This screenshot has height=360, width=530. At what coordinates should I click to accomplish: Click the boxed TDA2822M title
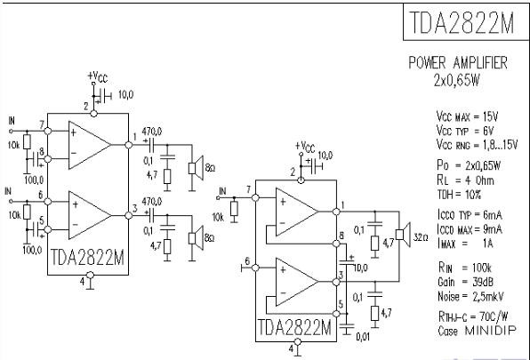coord(462,22)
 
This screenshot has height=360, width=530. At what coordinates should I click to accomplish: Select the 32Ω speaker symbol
coord(403,235)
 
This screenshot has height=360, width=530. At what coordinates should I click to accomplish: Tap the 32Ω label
coord(421,237)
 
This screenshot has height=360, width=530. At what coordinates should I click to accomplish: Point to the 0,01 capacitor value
coord(363,337)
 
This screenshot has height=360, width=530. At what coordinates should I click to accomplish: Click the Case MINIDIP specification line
coord(478,331)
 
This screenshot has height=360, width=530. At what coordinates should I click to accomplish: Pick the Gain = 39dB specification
coord(465,282)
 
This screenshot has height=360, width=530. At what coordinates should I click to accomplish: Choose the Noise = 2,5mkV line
coord(470,297)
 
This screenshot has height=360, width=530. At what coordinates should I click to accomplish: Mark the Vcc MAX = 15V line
coord(467,116)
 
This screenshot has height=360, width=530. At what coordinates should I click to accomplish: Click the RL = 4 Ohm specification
coord(465,180)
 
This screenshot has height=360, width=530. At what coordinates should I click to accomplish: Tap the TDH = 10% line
coord(459,195)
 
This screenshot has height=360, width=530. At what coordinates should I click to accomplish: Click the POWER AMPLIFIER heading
coord(458,63)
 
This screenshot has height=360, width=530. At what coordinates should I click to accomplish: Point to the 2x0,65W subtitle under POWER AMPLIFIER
coord(457,80)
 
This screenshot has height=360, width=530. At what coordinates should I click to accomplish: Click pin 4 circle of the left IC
coord(90,275)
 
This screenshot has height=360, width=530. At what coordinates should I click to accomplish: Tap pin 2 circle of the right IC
coord(301,180)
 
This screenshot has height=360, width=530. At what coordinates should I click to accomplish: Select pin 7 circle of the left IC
coord(48,131)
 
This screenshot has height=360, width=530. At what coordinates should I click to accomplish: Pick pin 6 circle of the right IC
coord(255,268)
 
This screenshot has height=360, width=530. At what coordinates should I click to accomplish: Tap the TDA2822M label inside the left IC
coord(87,258)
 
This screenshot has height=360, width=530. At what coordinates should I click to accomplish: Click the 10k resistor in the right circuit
coord(234,209)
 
